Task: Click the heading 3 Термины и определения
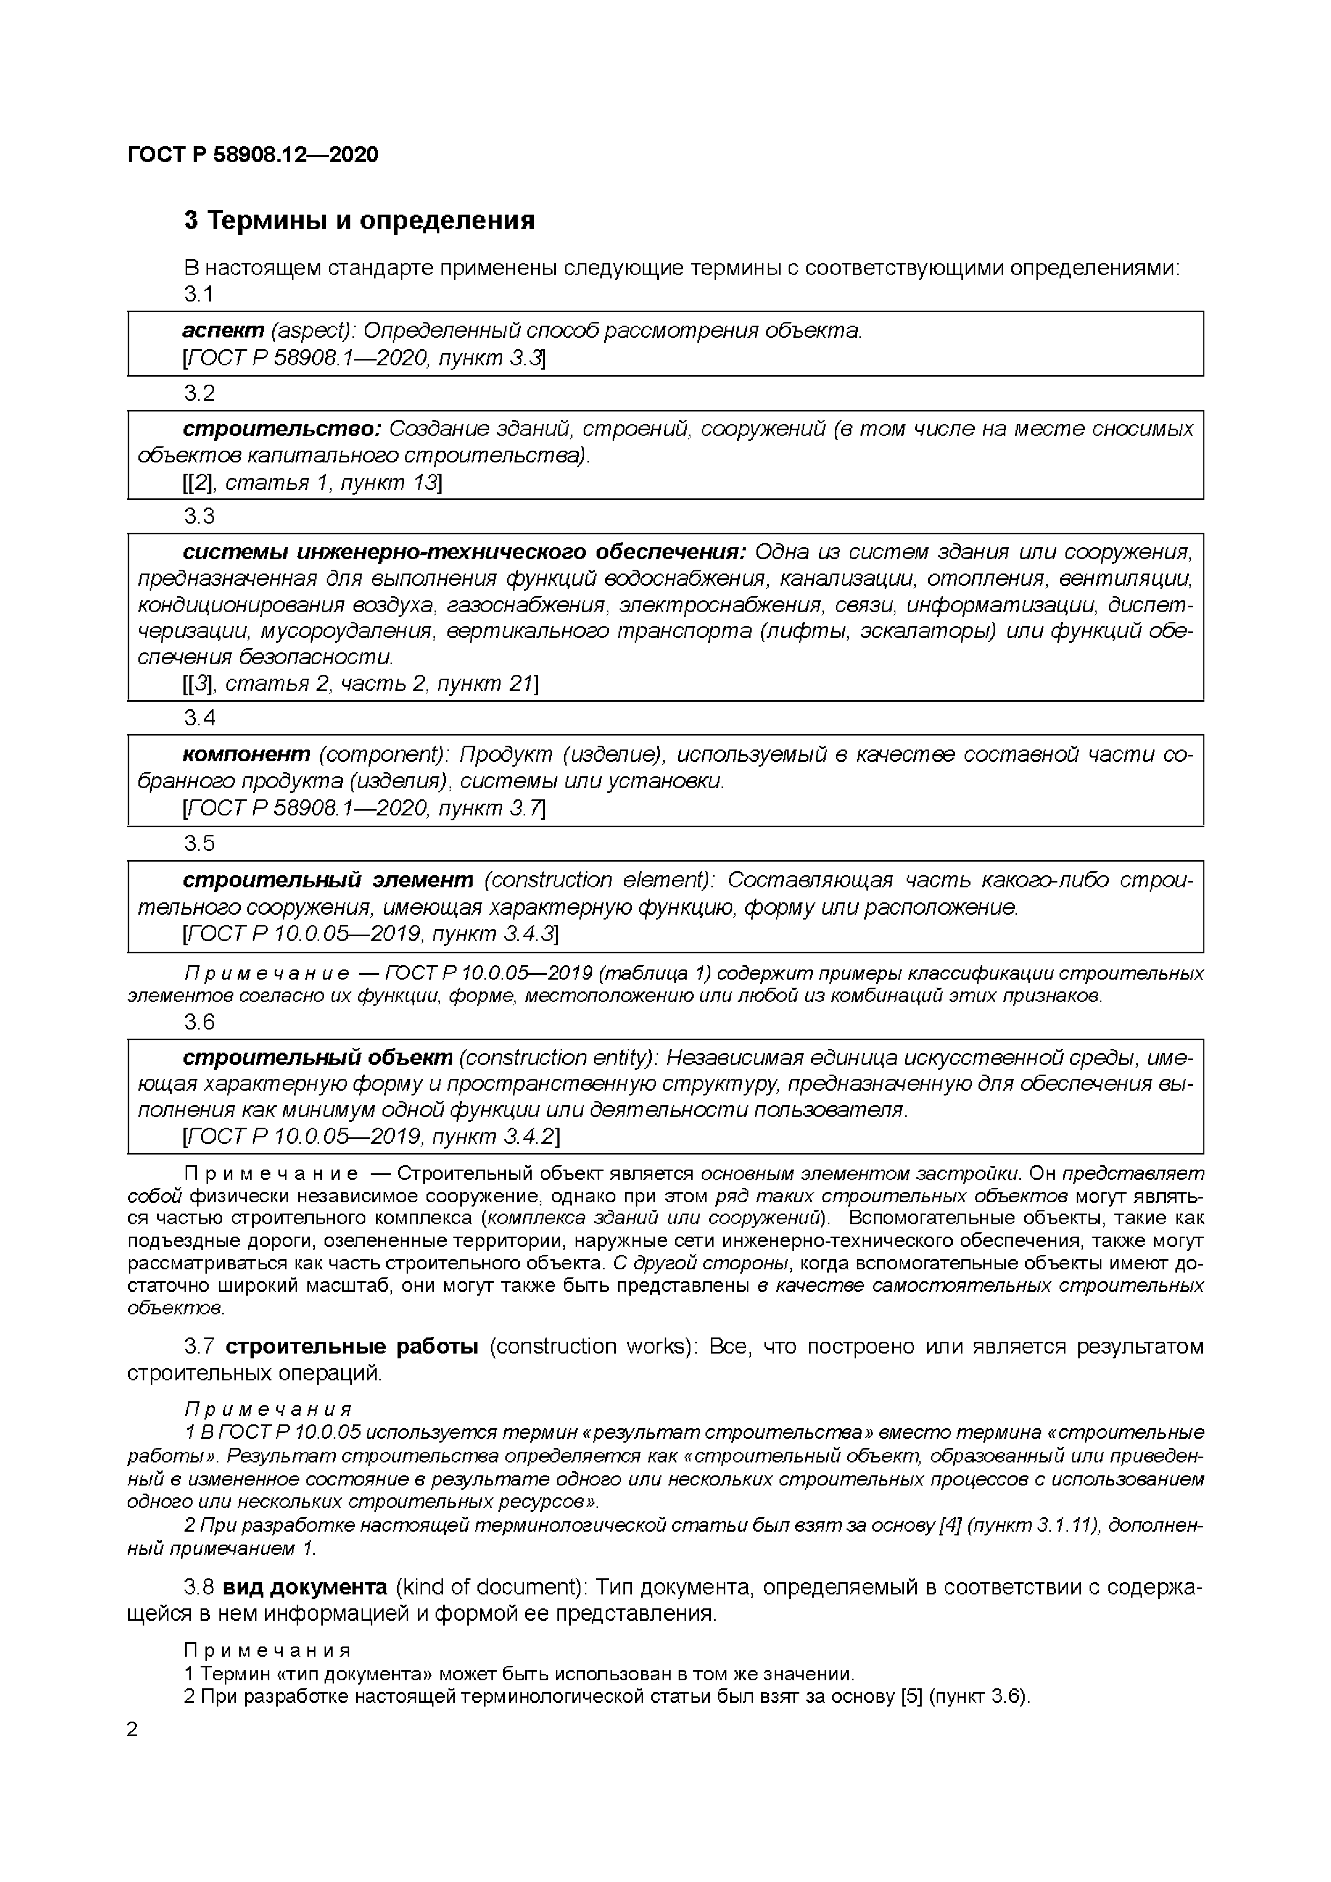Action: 359,220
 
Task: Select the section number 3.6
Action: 199,1022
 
